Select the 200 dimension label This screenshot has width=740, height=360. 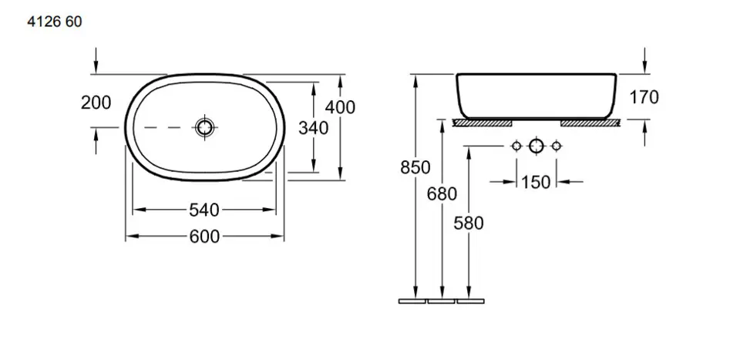coord(96,103)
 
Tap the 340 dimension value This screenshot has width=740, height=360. coord(313,127)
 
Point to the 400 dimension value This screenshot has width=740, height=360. coord(340,107)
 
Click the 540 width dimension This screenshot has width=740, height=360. coord(204,209)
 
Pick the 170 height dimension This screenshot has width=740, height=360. coord(644,97)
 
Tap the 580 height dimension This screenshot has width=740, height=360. coord(469,223)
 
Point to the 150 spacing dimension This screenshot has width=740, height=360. coord(536,182)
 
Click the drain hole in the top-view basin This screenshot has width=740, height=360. coord(204,127)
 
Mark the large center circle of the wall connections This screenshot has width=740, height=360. coord(536,146)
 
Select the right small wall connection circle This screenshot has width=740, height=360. coord(556,146)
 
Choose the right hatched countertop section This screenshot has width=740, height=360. coord(590,122)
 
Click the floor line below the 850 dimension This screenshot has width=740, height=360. coord(412,301)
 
